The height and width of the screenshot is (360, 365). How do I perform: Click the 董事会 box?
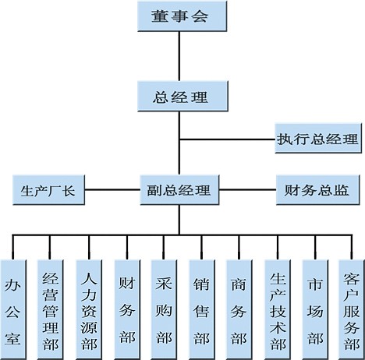[182, 16]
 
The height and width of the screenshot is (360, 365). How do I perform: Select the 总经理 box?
[182, 97]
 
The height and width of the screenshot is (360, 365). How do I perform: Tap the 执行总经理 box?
[318, 138]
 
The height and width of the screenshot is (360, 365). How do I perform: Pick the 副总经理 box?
[179, 190]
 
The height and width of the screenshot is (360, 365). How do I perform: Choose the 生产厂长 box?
[48, 190]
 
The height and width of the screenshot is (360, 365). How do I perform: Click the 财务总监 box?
[318, 190]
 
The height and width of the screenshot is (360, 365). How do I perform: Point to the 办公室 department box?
[13, 310]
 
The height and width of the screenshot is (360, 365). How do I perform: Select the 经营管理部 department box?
[51, 310]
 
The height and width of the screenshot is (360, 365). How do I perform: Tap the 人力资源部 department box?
[89, 310]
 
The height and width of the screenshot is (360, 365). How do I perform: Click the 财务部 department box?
[127, 310]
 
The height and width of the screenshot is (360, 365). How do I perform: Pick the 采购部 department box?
[164, 310]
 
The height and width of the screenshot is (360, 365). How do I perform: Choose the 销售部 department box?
[202, 310]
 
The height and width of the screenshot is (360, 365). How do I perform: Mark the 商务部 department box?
[239, 310]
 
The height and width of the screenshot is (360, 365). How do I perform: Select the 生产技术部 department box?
[278, 310]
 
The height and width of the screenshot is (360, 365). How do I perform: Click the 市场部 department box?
[316, 310]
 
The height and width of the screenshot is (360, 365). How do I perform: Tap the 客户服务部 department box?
[352, 310]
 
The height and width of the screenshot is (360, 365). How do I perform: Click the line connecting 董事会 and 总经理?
[179, 56]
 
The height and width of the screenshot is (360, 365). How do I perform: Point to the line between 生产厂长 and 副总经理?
[112, 189]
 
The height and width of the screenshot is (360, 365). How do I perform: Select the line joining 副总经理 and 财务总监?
[247, 189]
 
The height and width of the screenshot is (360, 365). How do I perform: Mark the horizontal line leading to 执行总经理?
[228, 139]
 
